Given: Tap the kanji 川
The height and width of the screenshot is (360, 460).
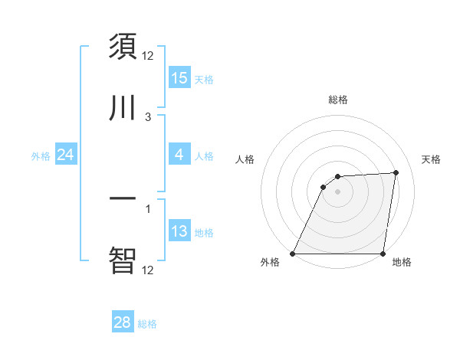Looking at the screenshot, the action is tap(123, 107).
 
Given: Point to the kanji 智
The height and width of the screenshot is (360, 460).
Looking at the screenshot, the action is tap(123, 260).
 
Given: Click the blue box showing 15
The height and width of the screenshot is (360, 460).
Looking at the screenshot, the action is tap(179, 77).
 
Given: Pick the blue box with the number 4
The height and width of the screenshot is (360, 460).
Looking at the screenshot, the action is tap(179, 155).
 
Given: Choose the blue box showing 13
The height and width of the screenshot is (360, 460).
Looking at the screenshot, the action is tap(179, 231).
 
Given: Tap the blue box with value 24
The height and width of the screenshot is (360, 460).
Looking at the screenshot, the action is tap(65, 155).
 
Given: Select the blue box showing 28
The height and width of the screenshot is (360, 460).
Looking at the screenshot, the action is tap(123, 322).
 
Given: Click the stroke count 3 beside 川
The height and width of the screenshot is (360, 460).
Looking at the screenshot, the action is tap(148, 117).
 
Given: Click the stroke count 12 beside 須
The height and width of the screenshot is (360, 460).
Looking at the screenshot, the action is tap(148, 56).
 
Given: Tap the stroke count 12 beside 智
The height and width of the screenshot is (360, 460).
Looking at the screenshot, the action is tap(148, 270).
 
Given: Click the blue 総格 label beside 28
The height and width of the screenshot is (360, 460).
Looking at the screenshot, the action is tap(147, 324).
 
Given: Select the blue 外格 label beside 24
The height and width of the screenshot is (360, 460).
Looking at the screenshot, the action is tap(41, 156).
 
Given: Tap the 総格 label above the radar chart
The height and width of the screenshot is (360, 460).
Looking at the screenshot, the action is tap(338, 100).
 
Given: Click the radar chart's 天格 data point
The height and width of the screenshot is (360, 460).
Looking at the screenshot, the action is tap(396, 172).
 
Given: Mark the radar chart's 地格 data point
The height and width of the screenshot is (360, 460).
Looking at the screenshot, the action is tap(383, 254).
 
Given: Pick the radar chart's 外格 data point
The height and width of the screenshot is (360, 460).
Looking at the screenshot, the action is tap(293, 254).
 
